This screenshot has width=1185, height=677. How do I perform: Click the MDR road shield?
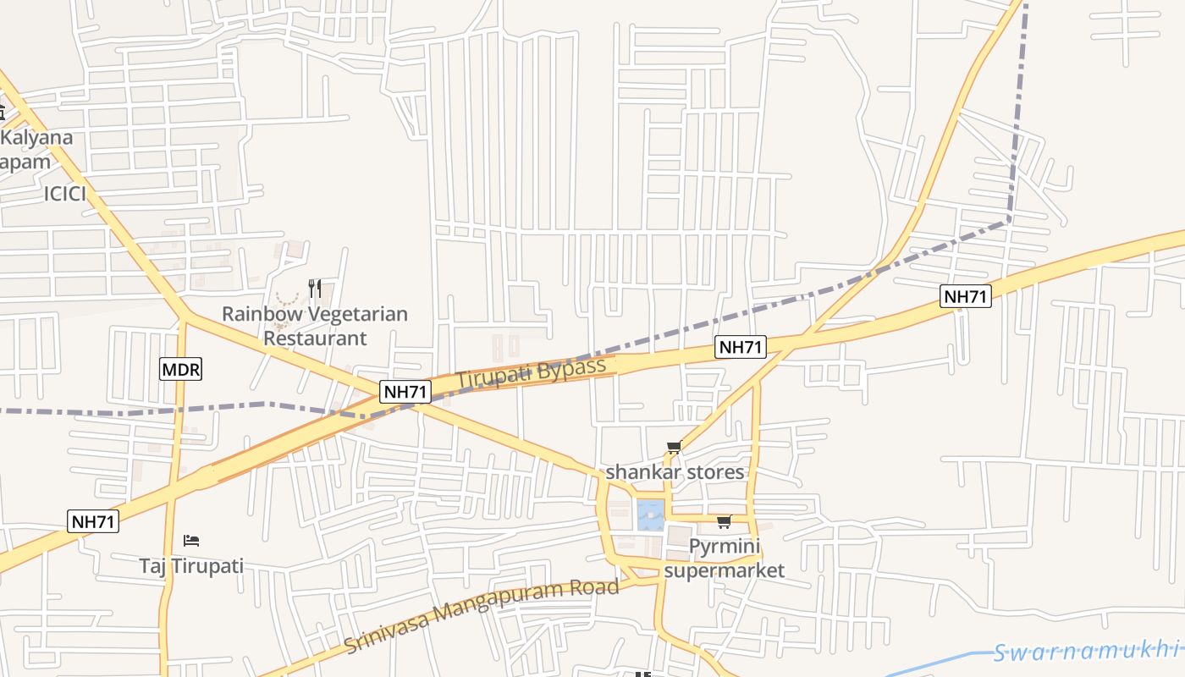click(x=181, y=369)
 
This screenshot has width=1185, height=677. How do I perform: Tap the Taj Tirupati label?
click(x=191, y=565)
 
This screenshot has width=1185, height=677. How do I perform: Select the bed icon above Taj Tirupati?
click(x=191, y=540)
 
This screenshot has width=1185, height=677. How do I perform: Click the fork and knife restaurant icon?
click(x=315, y=289)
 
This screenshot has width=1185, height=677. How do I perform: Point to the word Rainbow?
click(x=261, y=314)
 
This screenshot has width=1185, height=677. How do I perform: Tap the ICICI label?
click(x=66, y=195)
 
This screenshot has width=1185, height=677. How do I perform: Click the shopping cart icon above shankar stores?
click(x=674, y=448)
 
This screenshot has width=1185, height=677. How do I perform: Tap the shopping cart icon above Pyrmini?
click(x=724, y=521)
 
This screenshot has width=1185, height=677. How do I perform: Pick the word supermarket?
click(x=724, y=570)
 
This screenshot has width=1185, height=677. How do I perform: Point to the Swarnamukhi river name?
click(x=1087, y=651)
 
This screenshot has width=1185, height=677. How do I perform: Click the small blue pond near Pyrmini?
click(x=649, y=514)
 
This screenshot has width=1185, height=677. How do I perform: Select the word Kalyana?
click(x=37, y=138)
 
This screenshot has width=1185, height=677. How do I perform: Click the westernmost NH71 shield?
click(x=93, y=522)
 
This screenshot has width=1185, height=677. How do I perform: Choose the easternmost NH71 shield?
click(x=966, y=296)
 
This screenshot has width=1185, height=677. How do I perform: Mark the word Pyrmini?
click(x=725, y=547)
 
